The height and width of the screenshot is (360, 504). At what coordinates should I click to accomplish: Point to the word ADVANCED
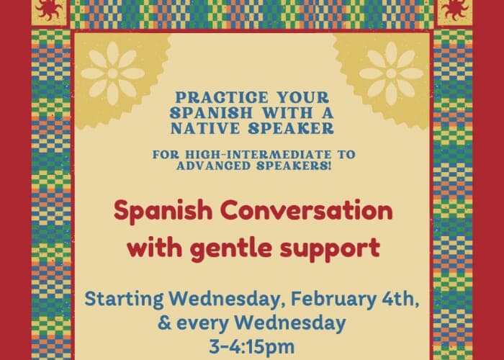tap(225, 167)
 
